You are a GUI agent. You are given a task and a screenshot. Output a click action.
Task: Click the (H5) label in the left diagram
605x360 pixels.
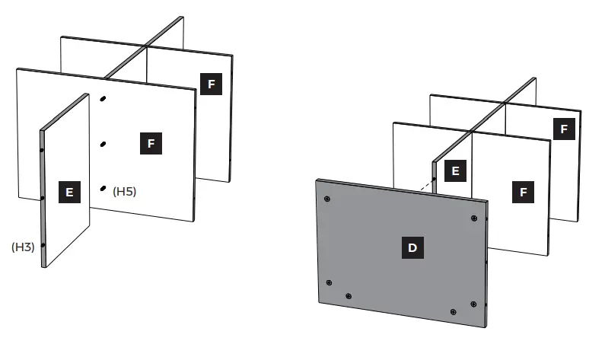[x=124, y=192]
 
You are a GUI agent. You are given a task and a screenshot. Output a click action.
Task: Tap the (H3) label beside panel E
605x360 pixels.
[x=23, y=247]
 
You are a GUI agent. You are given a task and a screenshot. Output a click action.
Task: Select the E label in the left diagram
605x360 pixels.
[x=69, y=193]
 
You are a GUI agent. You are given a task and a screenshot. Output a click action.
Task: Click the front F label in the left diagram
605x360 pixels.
[x=151, y=143]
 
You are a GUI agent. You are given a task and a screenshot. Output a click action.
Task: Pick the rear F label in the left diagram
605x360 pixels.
[x=211, y=84]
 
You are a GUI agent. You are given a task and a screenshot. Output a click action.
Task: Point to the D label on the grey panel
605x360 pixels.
[x=412, y=247]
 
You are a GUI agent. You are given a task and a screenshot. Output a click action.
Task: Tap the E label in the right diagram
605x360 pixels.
[x=455, y=171]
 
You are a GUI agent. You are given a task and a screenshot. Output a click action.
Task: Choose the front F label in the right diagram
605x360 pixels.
[x=523, y=193]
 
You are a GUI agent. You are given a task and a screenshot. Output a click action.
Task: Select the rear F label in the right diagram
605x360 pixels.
[x=564, y=129]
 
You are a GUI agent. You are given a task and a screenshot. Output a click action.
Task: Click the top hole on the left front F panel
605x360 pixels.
[x=103, y=98]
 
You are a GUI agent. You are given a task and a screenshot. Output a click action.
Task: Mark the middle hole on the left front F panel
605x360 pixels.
[x=103, y=143]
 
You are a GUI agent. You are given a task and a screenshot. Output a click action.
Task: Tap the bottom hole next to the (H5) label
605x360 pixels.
[x=103, y=187]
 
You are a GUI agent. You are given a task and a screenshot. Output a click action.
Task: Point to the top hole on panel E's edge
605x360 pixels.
[x=42, y=151]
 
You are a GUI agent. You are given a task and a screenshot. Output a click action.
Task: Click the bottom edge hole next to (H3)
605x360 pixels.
[x=43, y=245]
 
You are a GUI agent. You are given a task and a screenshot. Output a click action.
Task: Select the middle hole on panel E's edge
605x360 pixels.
[x=43, y=198]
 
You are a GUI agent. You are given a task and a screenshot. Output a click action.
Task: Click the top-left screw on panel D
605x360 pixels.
[x=326, y=199]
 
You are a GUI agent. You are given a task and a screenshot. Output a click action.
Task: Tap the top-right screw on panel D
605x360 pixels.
[x=473, y=218]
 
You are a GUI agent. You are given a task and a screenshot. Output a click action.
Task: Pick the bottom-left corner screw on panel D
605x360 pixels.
[x=329, y=282]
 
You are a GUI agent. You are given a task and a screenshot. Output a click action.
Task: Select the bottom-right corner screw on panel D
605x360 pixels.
[x=473, y=304]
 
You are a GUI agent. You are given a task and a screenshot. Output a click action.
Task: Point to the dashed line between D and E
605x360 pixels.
[x=425, y=185]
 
